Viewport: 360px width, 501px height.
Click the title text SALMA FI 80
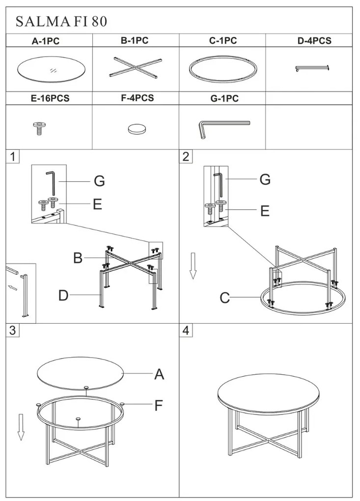(61, 22)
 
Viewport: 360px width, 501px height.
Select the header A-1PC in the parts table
(46, 41)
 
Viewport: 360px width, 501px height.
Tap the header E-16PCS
(50, 98)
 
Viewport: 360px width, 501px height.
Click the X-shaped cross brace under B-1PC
(136, 67)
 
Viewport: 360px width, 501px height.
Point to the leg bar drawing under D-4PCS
(312, 68)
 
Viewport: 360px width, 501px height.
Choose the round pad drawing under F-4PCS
(137, 129)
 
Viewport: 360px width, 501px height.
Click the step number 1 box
(12, 157)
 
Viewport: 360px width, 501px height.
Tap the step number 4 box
(186, 330)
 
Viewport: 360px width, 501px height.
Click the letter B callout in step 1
(78, 258)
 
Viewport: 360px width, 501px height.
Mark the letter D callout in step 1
(63, 295)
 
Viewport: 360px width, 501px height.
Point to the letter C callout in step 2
(225, 298)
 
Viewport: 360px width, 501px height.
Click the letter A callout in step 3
(159, 374)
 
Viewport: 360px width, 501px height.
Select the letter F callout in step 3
(159, 405)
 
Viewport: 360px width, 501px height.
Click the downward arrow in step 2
(193, 266)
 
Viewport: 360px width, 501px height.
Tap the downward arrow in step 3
(21, 427)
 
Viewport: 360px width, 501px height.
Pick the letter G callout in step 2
(265, 179)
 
